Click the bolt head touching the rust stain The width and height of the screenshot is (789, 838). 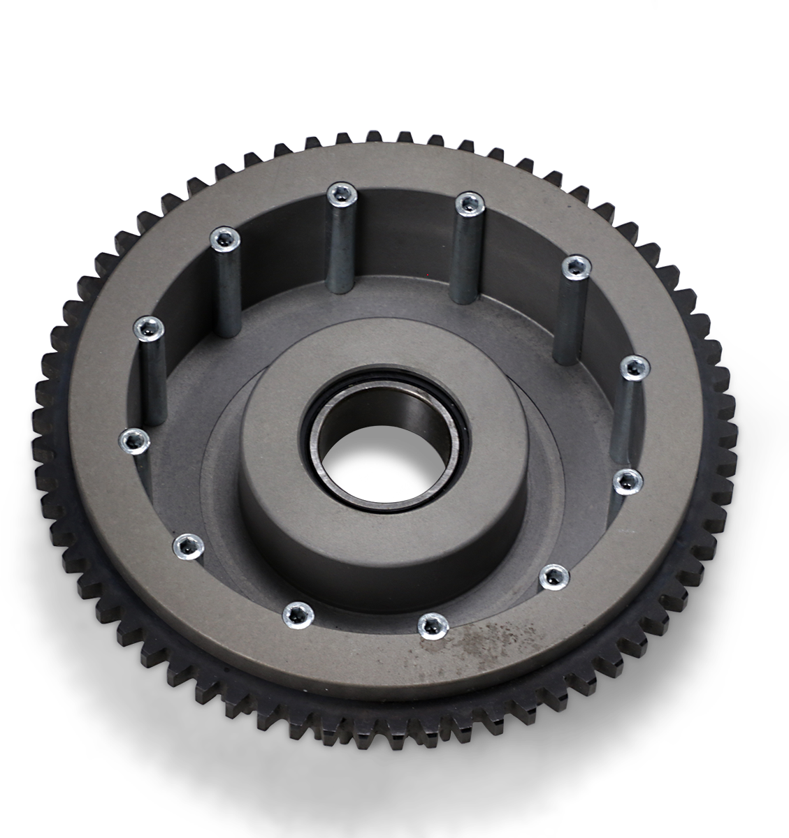tap(431, 624)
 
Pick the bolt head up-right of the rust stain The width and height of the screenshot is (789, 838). tap(555, 575)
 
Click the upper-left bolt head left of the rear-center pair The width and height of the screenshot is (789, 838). tap(224, 239)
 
